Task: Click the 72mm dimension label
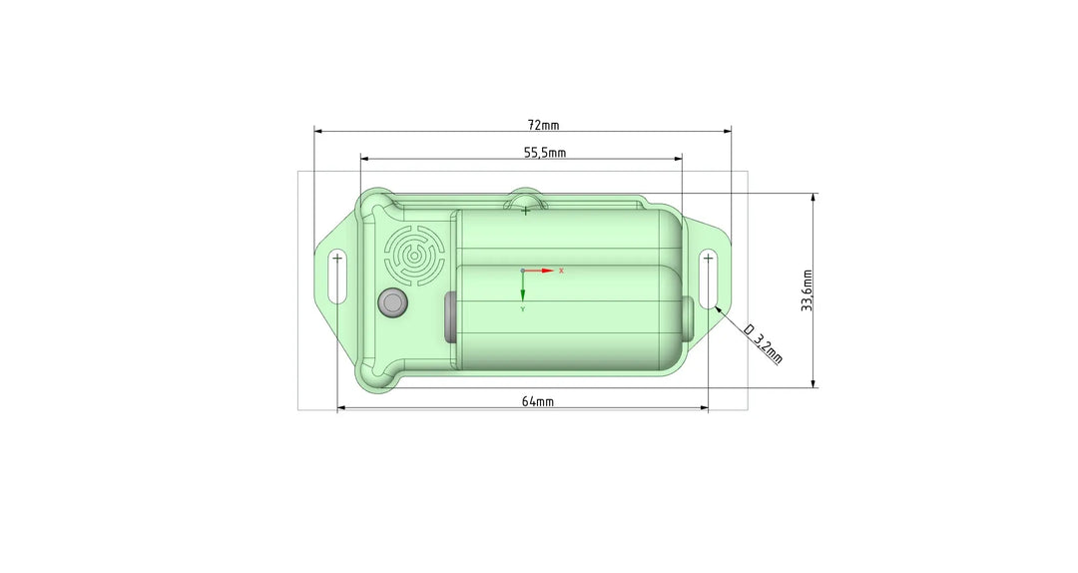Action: point(543,125)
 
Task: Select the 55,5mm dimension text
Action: point(545,153)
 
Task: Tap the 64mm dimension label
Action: point(538,401)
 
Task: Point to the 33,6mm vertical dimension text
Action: point(808,290)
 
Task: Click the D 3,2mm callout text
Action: point(764,343)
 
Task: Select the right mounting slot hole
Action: point(709,279)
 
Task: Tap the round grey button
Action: point(393,302)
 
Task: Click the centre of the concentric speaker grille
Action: point(414,256)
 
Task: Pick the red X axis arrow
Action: point(539,271)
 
